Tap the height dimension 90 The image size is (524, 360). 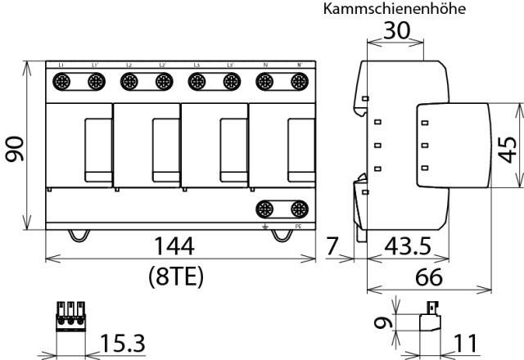[x=16, y=146]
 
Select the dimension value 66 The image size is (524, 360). [x=428, y=277]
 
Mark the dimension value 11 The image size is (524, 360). [x=463, y=343]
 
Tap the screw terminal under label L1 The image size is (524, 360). [x=62, y=81]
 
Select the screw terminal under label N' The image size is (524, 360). [x=300, y=81]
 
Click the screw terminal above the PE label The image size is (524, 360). [x=299, y=208]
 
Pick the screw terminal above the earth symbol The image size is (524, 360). [x=264, y=208]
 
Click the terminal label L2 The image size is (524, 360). [x=129, y=65]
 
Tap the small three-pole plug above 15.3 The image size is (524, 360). [x=71, y=317]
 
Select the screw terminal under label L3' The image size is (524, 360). [x=232, y=81]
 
